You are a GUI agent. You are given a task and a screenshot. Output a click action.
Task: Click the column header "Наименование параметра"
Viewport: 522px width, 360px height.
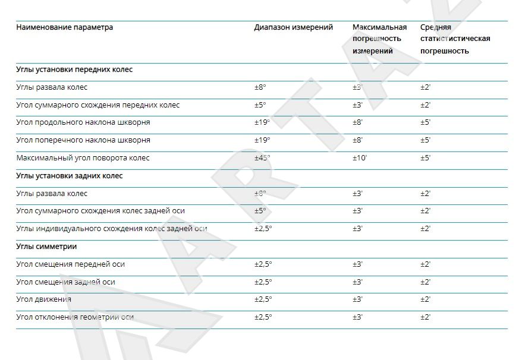tap(64, 27)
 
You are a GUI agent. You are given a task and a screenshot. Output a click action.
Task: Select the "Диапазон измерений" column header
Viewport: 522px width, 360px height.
tap(293, 27)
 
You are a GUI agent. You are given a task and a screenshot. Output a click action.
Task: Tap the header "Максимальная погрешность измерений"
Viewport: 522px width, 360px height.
tap(379, 39)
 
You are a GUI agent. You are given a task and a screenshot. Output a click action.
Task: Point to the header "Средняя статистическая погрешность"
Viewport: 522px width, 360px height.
tap(455, 39)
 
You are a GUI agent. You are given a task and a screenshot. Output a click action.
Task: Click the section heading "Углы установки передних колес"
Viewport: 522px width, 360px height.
tap(74, 70)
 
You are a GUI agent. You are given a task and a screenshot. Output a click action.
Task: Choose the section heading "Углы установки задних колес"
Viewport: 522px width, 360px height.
tap(70, 176)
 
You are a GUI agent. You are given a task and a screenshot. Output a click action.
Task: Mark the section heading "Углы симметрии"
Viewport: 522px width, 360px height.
tap(46, 247)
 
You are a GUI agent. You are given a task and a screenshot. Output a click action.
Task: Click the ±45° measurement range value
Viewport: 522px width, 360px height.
tap(262, 158)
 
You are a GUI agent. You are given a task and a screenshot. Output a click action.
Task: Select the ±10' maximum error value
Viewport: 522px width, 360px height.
tap(359, 158)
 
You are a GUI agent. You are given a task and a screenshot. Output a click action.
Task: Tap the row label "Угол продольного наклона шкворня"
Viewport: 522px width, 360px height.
tap(83, 122)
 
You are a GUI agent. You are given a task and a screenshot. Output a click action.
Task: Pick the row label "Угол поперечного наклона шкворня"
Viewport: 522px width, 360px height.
tap(83, 140)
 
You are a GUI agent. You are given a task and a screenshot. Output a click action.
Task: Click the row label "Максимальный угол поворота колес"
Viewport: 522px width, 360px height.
tap(83, 158)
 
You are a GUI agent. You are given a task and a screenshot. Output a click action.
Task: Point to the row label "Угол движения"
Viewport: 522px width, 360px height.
tap(44, 299)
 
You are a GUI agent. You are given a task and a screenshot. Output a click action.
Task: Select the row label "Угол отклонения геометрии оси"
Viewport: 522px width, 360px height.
tap(75, 317)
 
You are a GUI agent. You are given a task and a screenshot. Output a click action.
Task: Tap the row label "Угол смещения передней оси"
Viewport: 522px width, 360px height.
tap(70, 264)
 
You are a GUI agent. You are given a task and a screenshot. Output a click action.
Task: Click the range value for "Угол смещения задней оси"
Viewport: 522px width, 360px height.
tap(263, 282)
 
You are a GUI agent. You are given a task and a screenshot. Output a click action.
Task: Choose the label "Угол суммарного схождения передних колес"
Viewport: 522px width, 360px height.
tap(98, 105)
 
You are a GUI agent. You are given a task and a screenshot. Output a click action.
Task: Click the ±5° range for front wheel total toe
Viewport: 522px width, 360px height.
tap(260, 105)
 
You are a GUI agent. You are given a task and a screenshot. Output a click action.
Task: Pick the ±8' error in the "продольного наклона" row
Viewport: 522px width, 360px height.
tap(357, 122)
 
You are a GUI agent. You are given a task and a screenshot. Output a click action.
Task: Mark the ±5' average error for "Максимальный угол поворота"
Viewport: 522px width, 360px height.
tap(425, 158)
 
